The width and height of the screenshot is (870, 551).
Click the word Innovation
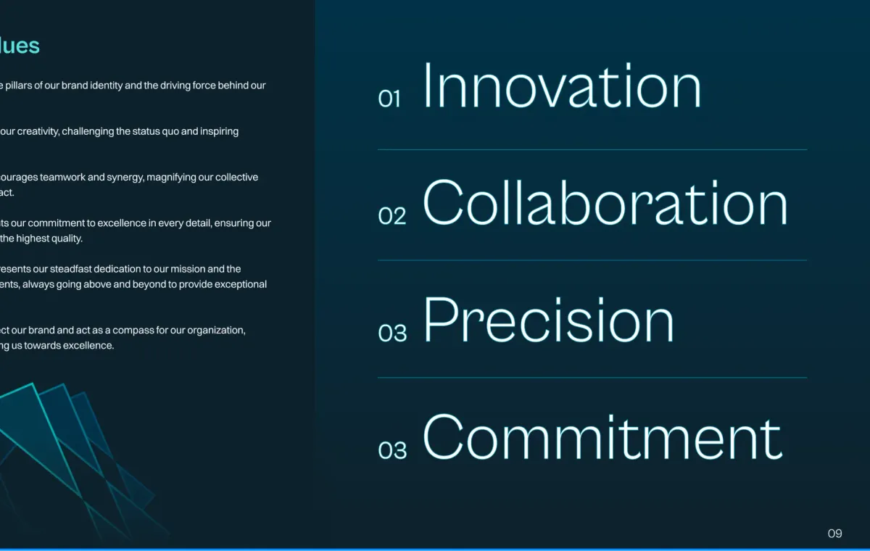pos(562,86)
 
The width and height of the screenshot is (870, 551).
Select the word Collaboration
pos(605,202)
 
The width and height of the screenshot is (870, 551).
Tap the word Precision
pos(548,320)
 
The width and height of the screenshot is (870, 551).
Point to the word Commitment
pos(602,437)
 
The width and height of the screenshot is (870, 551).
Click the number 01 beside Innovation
pos(389,99)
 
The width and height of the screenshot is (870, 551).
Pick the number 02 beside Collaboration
pos(392,216)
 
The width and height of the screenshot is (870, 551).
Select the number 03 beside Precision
pos(392,333)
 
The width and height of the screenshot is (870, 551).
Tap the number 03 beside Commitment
pos(392,450)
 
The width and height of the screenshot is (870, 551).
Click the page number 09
pos(834,534)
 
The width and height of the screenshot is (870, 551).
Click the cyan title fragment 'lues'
pos(20,46)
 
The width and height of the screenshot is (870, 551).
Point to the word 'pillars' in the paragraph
pos(18,86)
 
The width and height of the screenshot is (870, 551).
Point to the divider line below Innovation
pos(592,149)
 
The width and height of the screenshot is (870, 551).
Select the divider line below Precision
pos(592,378)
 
